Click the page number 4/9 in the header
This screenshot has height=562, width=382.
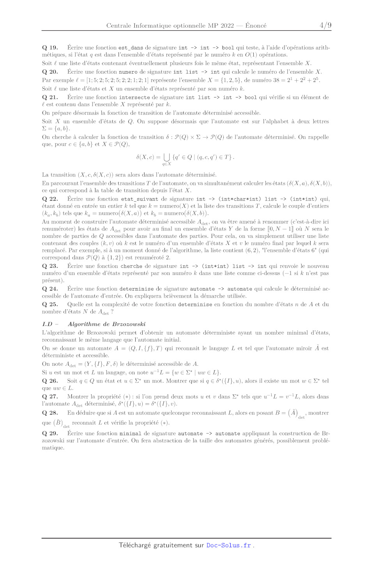pos(325,25)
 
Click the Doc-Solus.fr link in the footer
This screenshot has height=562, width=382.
pos(228,545)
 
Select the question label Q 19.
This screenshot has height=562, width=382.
pos(50,48)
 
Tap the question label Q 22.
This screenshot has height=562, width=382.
pos(50,199)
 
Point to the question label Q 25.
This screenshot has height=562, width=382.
pos(50,304)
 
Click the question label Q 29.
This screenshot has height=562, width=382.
pos(50,433)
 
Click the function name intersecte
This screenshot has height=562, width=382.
pos(134,98)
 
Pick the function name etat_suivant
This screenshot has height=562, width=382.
pos(140,199)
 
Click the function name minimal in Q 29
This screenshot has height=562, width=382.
pos(130,433)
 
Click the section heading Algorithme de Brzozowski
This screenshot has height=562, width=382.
pos(107,324)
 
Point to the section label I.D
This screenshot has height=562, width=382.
pos(47,324)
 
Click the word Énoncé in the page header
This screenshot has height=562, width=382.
pos(256,25)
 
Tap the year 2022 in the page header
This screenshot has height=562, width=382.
pos(227,25)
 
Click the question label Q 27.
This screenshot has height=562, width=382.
pos(50,397)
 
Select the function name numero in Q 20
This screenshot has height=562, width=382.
pos(128,72)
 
